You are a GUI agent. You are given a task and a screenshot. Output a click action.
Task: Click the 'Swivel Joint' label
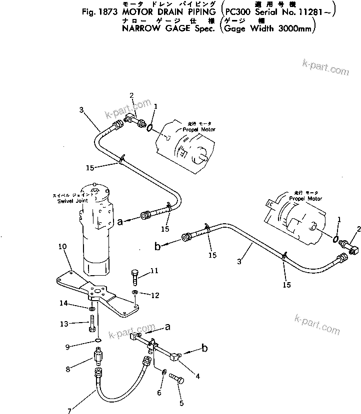click(72, 200)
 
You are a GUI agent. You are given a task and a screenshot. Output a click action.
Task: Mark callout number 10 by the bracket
click(62, 246)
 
